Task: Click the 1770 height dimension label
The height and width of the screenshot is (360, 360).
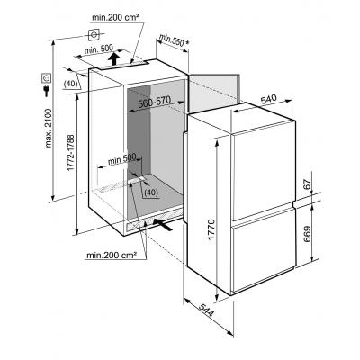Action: tap(211, 230)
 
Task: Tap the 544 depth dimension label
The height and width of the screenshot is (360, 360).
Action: tap(206, 310)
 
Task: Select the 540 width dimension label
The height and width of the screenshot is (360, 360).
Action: tap(269, 100)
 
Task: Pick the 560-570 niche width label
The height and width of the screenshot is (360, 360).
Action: tap(154, 102)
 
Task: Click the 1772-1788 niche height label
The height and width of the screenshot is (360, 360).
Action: tap(70, 152)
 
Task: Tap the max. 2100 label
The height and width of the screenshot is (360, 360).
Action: tap(49, 129)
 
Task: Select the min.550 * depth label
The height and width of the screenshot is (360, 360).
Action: tap(175, 41)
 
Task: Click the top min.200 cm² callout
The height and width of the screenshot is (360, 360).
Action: tap(115, 18)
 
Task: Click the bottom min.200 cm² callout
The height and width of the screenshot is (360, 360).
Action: tap(112, 256)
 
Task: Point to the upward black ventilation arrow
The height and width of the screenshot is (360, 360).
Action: tap(113, 58)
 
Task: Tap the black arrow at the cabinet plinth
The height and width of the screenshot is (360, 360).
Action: tap(163, 225)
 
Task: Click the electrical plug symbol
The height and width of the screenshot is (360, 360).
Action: tap(47, 91)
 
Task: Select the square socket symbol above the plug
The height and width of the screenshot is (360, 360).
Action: tap(47, 77)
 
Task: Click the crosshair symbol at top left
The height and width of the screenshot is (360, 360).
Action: tap(94, 35)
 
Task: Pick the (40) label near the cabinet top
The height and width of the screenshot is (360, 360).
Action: tap(71, 83)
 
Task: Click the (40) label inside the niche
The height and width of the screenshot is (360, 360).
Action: tap(151, 193)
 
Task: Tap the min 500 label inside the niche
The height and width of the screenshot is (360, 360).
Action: tap(122, 159)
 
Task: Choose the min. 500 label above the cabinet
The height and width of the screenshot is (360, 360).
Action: tap(99, 49)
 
